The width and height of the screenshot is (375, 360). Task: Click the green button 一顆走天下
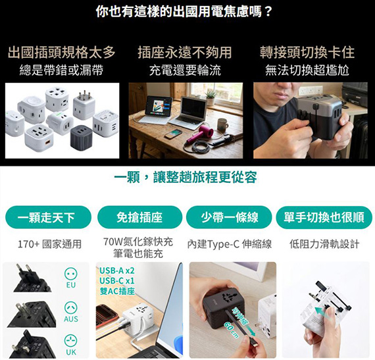48,217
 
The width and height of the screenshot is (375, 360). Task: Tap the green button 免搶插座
139,217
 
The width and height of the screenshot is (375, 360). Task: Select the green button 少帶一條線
229,217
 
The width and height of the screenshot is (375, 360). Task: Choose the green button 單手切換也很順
324,217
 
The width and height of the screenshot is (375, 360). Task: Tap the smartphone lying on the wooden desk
173,134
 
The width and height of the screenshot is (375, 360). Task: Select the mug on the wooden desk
222,124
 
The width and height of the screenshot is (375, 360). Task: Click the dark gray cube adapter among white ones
81,138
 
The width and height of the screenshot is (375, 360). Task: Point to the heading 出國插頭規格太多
61,53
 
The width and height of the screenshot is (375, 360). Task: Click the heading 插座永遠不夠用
185,53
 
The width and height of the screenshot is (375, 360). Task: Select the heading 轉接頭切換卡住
307,53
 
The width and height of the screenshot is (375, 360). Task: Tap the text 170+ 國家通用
50,244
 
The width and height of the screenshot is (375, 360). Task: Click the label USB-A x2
117,270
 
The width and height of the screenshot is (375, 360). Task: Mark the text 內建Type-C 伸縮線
230,244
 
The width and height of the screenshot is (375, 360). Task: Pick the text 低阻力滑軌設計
324,244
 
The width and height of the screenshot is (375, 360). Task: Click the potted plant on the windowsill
211,97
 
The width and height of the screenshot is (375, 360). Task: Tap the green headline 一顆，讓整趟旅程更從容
186,177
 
